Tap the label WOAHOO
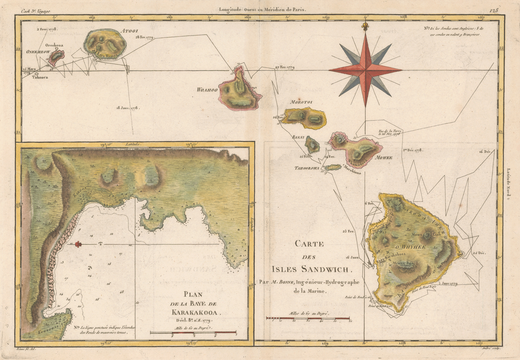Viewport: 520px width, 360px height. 207,90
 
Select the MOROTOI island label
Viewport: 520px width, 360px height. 301,102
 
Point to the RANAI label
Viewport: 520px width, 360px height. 298,137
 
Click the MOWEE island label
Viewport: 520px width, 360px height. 384,158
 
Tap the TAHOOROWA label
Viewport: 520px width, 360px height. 307,168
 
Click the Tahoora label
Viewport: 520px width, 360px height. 40,77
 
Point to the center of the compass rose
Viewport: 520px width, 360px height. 365,69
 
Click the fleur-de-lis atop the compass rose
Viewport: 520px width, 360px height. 365,27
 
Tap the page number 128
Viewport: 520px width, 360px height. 494,10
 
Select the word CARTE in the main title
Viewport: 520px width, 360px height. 309,244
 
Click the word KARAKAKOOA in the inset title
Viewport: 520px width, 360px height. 194,313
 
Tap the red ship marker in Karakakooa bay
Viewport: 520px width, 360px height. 79,244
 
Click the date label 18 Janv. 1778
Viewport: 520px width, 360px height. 128,108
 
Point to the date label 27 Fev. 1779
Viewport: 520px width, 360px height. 285,67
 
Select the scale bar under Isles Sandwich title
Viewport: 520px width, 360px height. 308,318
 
